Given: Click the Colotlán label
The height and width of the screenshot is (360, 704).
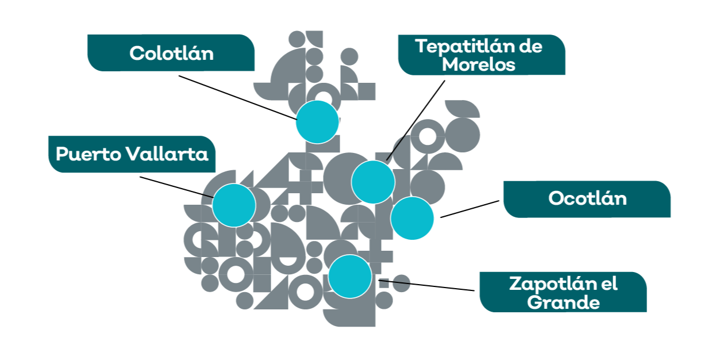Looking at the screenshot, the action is coord(171,53).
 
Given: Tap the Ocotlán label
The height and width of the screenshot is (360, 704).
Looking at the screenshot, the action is coord(587,198).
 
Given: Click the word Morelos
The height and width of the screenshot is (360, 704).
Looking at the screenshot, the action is coord(479,64).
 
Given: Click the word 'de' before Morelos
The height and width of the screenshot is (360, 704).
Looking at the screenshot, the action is coord(530,46).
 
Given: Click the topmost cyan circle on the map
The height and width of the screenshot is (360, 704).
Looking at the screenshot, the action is coord(317,122).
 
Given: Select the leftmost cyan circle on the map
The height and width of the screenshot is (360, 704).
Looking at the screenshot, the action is coord(234,205).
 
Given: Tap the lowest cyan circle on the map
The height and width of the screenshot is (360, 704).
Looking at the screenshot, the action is coord(350,276).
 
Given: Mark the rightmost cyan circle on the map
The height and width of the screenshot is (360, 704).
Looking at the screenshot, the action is coord(413,219).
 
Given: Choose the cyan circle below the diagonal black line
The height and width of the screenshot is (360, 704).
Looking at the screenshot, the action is coord(373,182).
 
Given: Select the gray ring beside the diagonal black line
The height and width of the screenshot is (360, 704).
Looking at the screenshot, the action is coord(427,136).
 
